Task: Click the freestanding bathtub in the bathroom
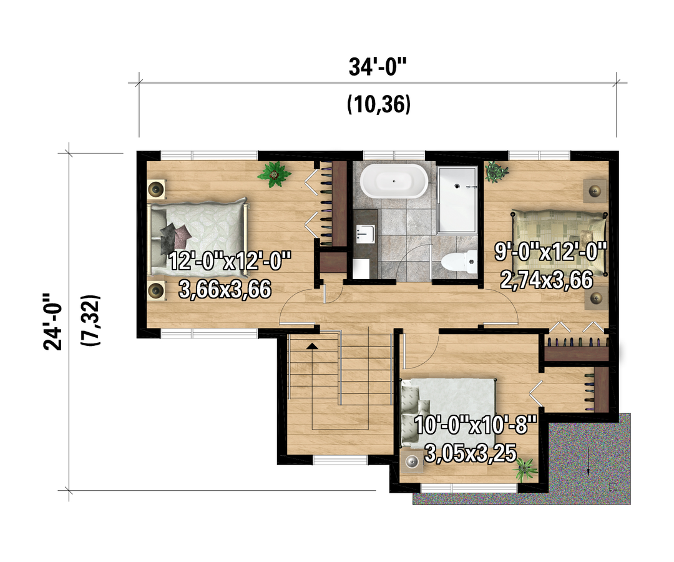click(394, 181)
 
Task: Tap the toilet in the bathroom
click(459, 262)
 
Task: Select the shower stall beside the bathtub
click(457, 200)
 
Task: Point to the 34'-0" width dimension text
click(378, 67)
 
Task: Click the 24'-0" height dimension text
click(53, 322)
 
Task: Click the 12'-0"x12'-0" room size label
click(230, 261)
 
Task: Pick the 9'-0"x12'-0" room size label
click(550, 252)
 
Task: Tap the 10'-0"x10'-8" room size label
click(476, 425)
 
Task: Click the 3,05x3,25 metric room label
click(471, 453)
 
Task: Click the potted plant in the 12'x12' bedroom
click(274, 174)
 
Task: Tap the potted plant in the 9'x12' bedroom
click(496, 172)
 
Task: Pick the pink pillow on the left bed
click(182, 234)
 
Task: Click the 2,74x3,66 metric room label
click(546, 280)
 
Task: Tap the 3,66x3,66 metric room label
click(225, 289)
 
